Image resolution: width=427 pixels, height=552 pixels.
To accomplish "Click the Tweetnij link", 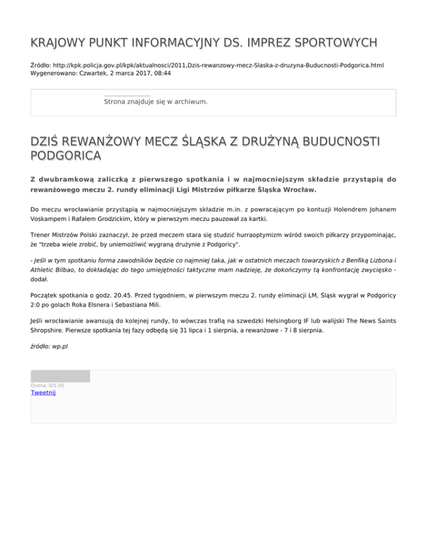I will [x=43, y=393].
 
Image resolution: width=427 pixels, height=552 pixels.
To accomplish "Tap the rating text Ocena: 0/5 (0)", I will [x=47, y=385].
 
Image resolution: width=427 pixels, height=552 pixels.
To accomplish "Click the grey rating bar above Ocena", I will [x=60, y=376].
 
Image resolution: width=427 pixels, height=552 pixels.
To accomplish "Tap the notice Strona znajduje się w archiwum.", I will [x=156, y=102].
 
